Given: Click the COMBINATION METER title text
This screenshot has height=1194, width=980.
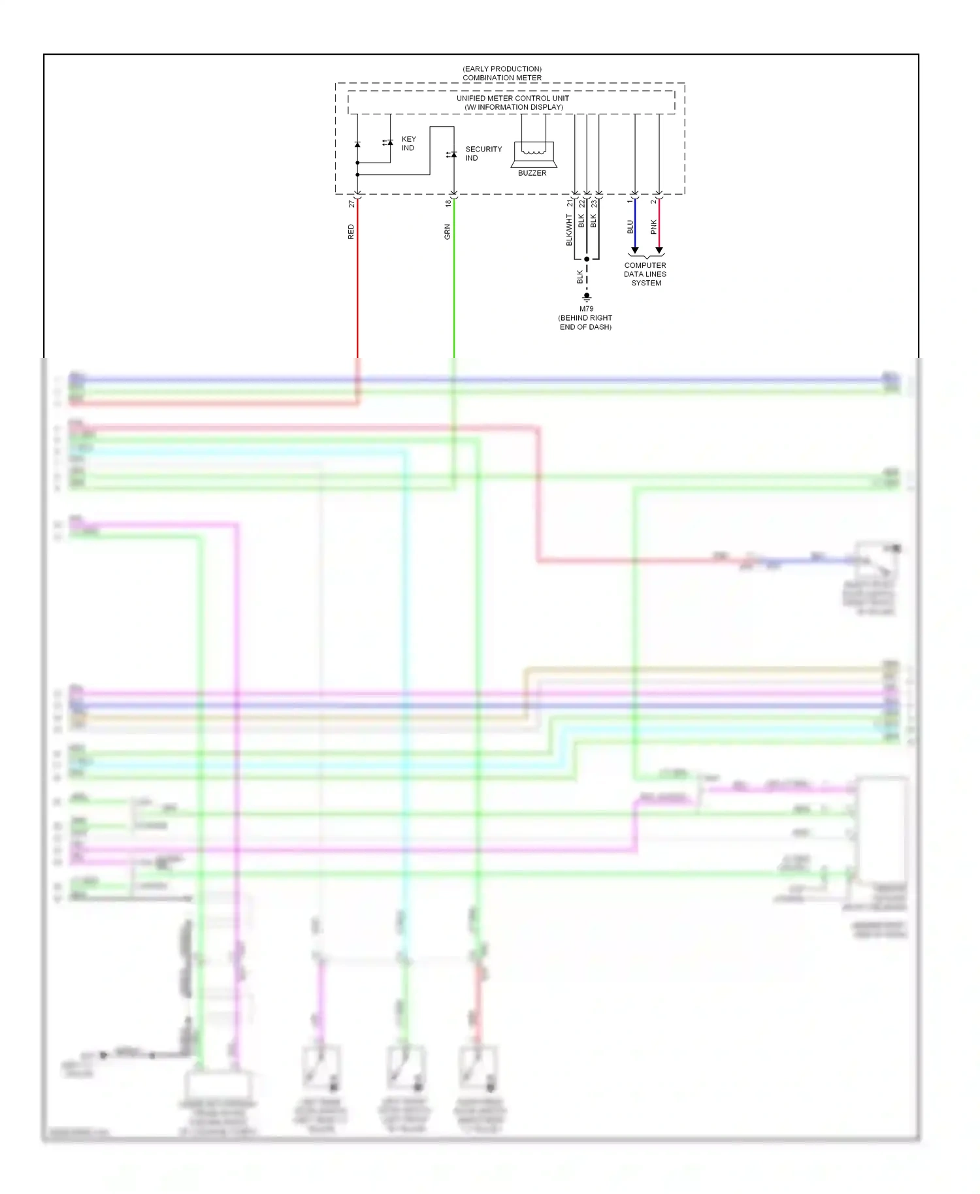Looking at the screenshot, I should (502, 78).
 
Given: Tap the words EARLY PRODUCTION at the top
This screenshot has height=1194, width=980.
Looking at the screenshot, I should (502, 69).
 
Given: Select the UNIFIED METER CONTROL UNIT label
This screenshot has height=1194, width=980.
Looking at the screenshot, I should (512, 99).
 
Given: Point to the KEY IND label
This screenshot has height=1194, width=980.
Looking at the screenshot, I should (408, 144).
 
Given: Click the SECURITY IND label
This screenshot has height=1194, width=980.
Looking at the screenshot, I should (483, 153).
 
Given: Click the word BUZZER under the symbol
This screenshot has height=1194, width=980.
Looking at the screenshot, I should (532, 173).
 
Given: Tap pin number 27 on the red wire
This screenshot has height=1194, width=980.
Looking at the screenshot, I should (351, 204).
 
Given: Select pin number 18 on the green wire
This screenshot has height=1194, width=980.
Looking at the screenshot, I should (448, 203).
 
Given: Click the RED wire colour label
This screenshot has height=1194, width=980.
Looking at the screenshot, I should (351, 232).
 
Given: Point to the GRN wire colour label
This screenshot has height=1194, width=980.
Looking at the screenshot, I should (448, 232).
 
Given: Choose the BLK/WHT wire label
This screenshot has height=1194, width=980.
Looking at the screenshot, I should (569, 230).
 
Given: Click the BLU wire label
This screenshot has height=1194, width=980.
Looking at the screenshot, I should (630, 227).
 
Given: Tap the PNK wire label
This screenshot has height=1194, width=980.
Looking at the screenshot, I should (653, 227).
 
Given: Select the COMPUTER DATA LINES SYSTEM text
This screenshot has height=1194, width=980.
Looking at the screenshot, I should (645, 274).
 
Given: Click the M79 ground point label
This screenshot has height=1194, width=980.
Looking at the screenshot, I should (586, 309).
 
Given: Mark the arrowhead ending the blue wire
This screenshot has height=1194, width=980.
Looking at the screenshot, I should (634, 250).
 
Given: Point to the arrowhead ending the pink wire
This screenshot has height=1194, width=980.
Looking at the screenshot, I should (659, 250).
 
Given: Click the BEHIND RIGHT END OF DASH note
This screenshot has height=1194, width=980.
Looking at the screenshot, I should (585, 323).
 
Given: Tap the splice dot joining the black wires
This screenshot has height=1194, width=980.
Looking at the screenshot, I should (587, 259).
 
